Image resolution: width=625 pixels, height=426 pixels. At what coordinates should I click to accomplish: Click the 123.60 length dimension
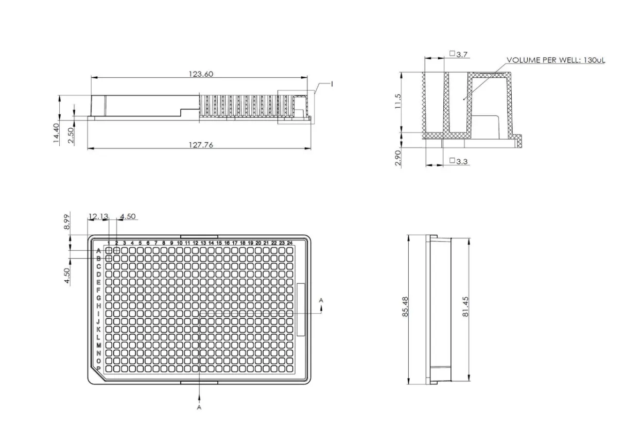click(x=201, y=74)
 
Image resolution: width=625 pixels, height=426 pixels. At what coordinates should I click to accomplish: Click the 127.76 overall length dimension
click(x=201, y=145)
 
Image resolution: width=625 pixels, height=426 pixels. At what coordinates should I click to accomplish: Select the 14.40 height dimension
click(x=56, y=133)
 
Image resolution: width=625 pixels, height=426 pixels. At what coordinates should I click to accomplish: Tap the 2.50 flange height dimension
click(x=71, y=135)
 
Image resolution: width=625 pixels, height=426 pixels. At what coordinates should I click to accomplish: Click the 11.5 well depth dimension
click(x=397, y=101)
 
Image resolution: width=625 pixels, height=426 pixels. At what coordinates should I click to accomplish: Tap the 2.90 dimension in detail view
click(x=397, y=158)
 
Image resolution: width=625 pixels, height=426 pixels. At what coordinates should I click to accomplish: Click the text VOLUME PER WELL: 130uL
click(x=555, y=60)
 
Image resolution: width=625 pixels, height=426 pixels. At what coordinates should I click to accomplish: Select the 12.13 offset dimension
click(x=98, y=216)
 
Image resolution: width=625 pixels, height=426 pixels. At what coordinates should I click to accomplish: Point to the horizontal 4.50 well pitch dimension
click(x=127, y=216)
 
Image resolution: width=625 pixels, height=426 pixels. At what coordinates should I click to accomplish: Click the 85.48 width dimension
click(x=405, y=307)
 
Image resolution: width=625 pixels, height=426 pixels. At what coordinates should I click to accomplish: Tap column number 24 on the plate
click(x=290, y=243)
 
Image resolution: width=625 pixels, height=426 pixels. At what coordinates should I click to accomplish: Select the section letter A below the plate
click(x=199, y=407)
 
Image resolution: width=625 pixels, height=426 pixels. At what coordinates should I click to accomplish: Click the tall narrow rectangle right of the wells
click(x=302, y=310)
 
